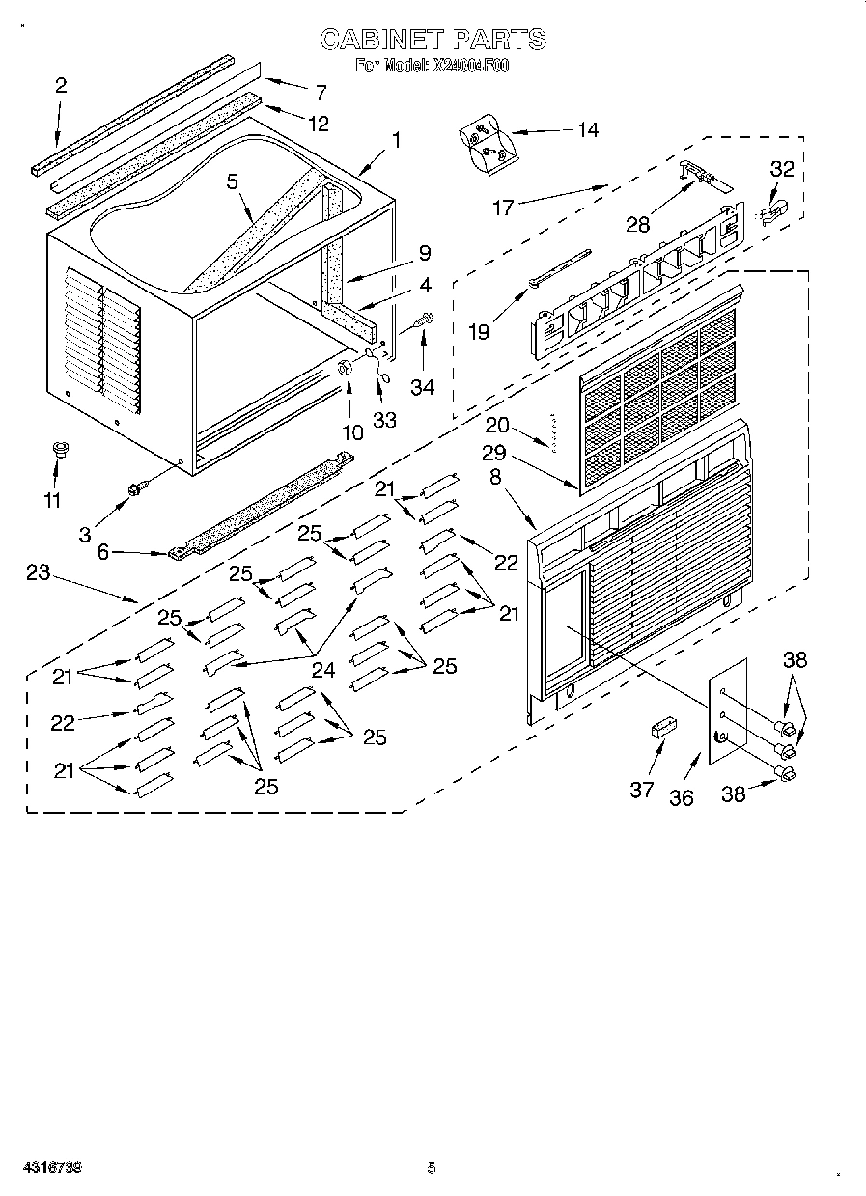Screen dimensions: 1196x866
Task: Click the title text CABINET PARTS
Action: point(433,40)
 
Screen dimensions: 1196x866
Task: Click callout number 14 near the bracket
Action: point(587,129)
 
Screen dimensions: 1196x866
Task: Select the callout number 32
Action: point(782,169)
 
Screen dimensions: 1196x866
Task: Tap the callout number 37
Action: point(642,790)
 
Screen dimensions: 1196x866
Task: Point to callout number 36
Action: point(682,797)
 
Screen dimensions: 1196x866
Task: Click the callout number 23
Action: point(38,572)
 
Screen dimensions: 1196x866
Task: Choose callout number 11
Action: point(52,500)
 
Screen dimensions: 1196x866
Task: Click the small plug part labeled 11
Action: point(58,449)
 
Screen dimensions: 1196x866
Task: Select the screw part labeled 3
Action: point(135,492)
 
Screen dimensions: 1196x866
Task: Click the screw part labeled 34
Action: point(424,320)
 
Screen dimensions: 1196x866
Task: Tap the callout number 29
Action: point(495,452)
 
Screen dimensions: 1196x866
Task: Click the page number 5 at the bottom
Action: point(432,1168)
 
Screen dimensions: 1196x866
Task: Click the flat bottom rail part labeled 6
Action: point(261,505)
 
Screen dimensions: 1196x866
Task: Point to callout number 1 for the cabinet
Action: point(396,140)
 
